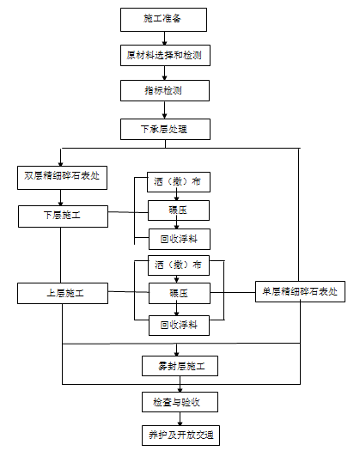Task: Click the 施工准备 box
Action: pyautogui.click(x=163, y=18)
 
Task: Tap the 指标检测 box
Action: pyautogui.click(x=163, y=90)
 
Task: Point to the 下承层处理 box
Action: pyautogui.click(x=163, y=130)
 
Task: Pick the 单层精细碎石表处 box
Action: pyautogui.click(x=301, y=292)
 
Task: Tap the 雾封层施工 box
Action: pyautogui.click(x=179, y=367)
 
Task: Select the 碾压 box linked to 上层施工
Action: pyautogui.click(x=179, y=293)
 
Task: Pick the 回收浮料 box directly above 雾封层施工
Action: pyautogui.click(x=179, y=324)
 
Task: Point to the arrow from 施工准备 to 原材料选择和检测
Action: pyautogui.click(x=163, y=37)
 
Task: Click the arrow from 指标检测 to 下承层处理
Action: pyautogui.click(x=163, y=110)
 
